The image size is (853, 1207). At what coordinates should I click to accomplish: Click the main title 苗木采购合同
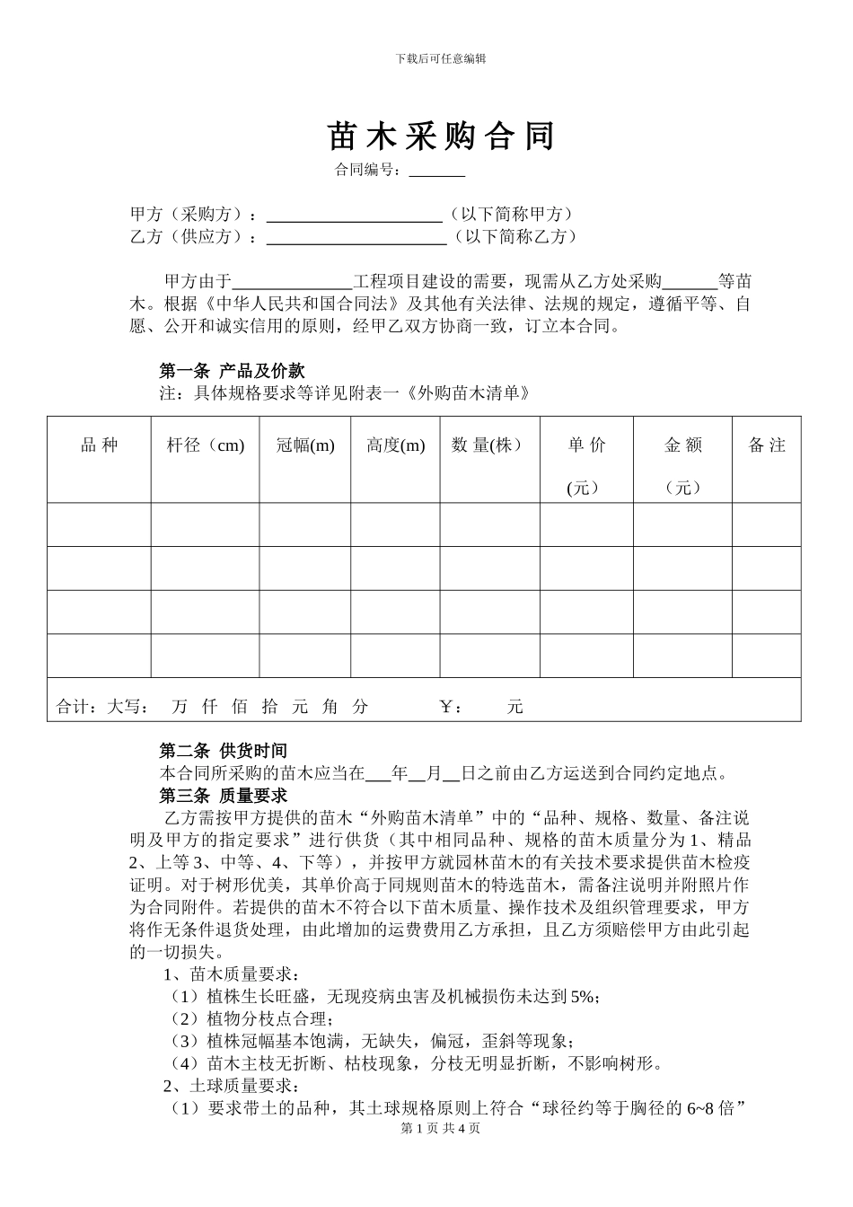[x=441, y=137]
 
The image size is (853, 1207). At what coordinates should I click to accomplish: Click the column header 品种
[x=99, y=445]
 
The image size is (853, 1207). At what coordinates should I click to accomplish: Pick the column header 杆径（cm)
[x=206, y=445]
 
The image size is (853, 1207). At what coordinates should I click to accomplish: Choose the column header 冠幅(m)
[x=305, y=445]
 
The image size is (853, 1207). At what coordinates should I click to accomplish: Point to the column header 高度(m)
[x=395, y=445]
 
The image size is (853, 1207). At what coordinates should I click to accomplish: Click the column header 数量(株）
[x=488, y=445]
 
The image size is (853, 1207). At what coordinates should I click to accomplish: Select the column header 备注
[x=767, y=445]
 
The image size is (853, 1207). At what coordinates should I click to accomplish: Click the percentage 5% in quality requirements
[x=582, y=996]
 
